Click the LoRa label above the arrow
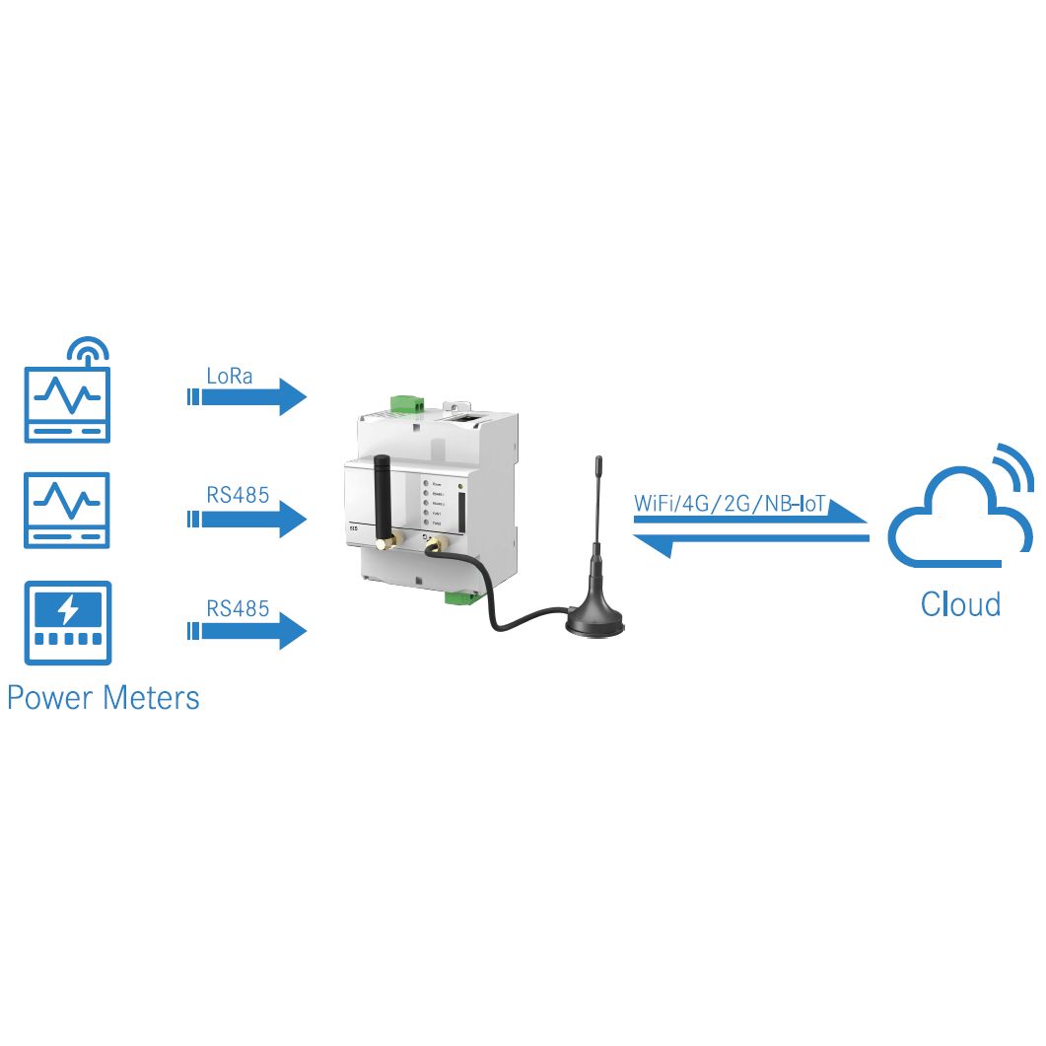coord(229,376)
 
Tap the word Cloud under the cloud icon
coord(959,602)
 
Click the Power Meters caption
coord(103,697)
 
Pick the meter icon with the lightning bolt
coord(67,623)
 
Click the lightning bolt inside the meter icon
coord(67,611)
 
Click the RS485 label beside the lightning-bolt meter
coord(238,608)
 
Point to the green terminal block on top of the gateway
coord(405,402)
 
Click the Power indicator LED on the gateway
coord(425,484)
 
